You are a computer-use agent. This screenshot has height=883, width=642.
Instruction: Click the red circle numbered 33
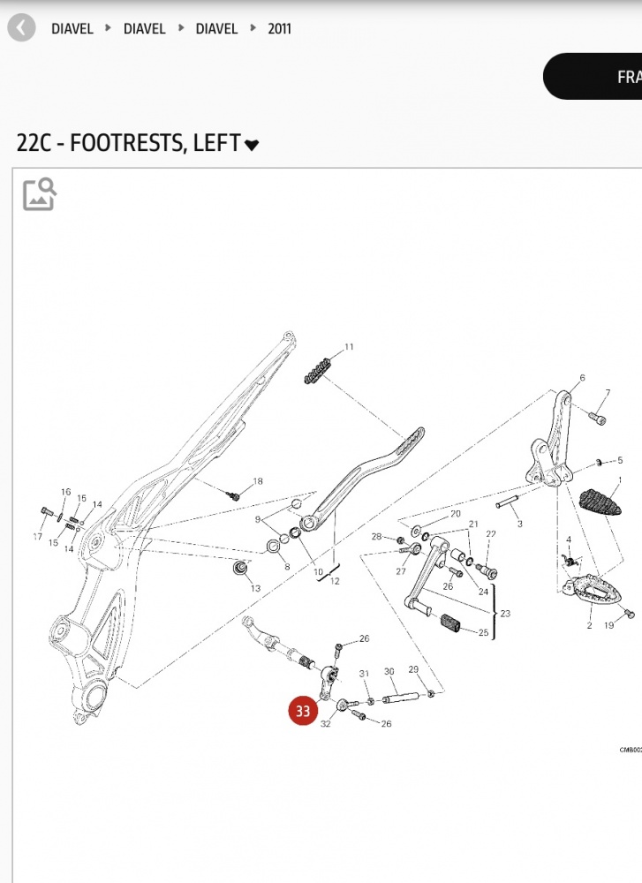303,710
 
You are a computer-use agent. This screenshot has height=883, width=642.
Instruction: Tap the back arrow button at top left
21,28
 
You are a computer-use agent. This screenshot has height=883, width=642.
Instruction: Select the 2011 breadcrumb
279,28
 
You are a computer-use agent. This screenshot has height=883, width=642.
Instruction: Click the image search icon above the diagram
39,193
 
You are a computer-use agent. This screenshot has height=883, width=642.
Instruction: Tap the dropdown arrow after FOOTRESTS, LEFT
252,145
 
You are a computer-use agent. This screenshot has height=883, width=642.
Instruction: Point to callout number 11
349,347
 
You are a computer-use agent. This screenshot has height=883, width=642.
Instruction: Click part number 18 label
258,481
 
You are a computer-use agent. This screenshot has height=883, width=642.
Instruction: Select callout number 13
255,588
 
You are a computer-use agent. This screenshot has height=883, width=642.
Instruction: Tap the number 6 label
582,378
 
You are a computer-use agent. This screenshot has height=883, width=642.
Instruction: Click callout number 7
608,393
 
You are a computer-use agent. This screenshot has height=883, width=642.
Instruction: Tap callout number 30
389,672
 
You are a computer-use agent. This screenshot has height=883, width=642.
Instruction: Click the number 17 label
38,537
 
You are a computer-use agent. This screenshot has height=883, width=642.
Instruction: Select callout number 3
520,524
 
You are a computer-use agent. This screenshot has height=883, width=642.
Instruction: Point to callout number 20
456,513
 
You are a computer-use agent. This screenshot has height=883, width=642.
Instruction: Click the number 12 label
335,581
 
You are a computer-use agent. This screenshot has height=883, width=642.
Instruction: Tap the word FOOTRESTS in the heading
124,143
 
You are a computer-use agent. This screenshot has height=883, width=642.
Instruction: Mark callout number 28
376,537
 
